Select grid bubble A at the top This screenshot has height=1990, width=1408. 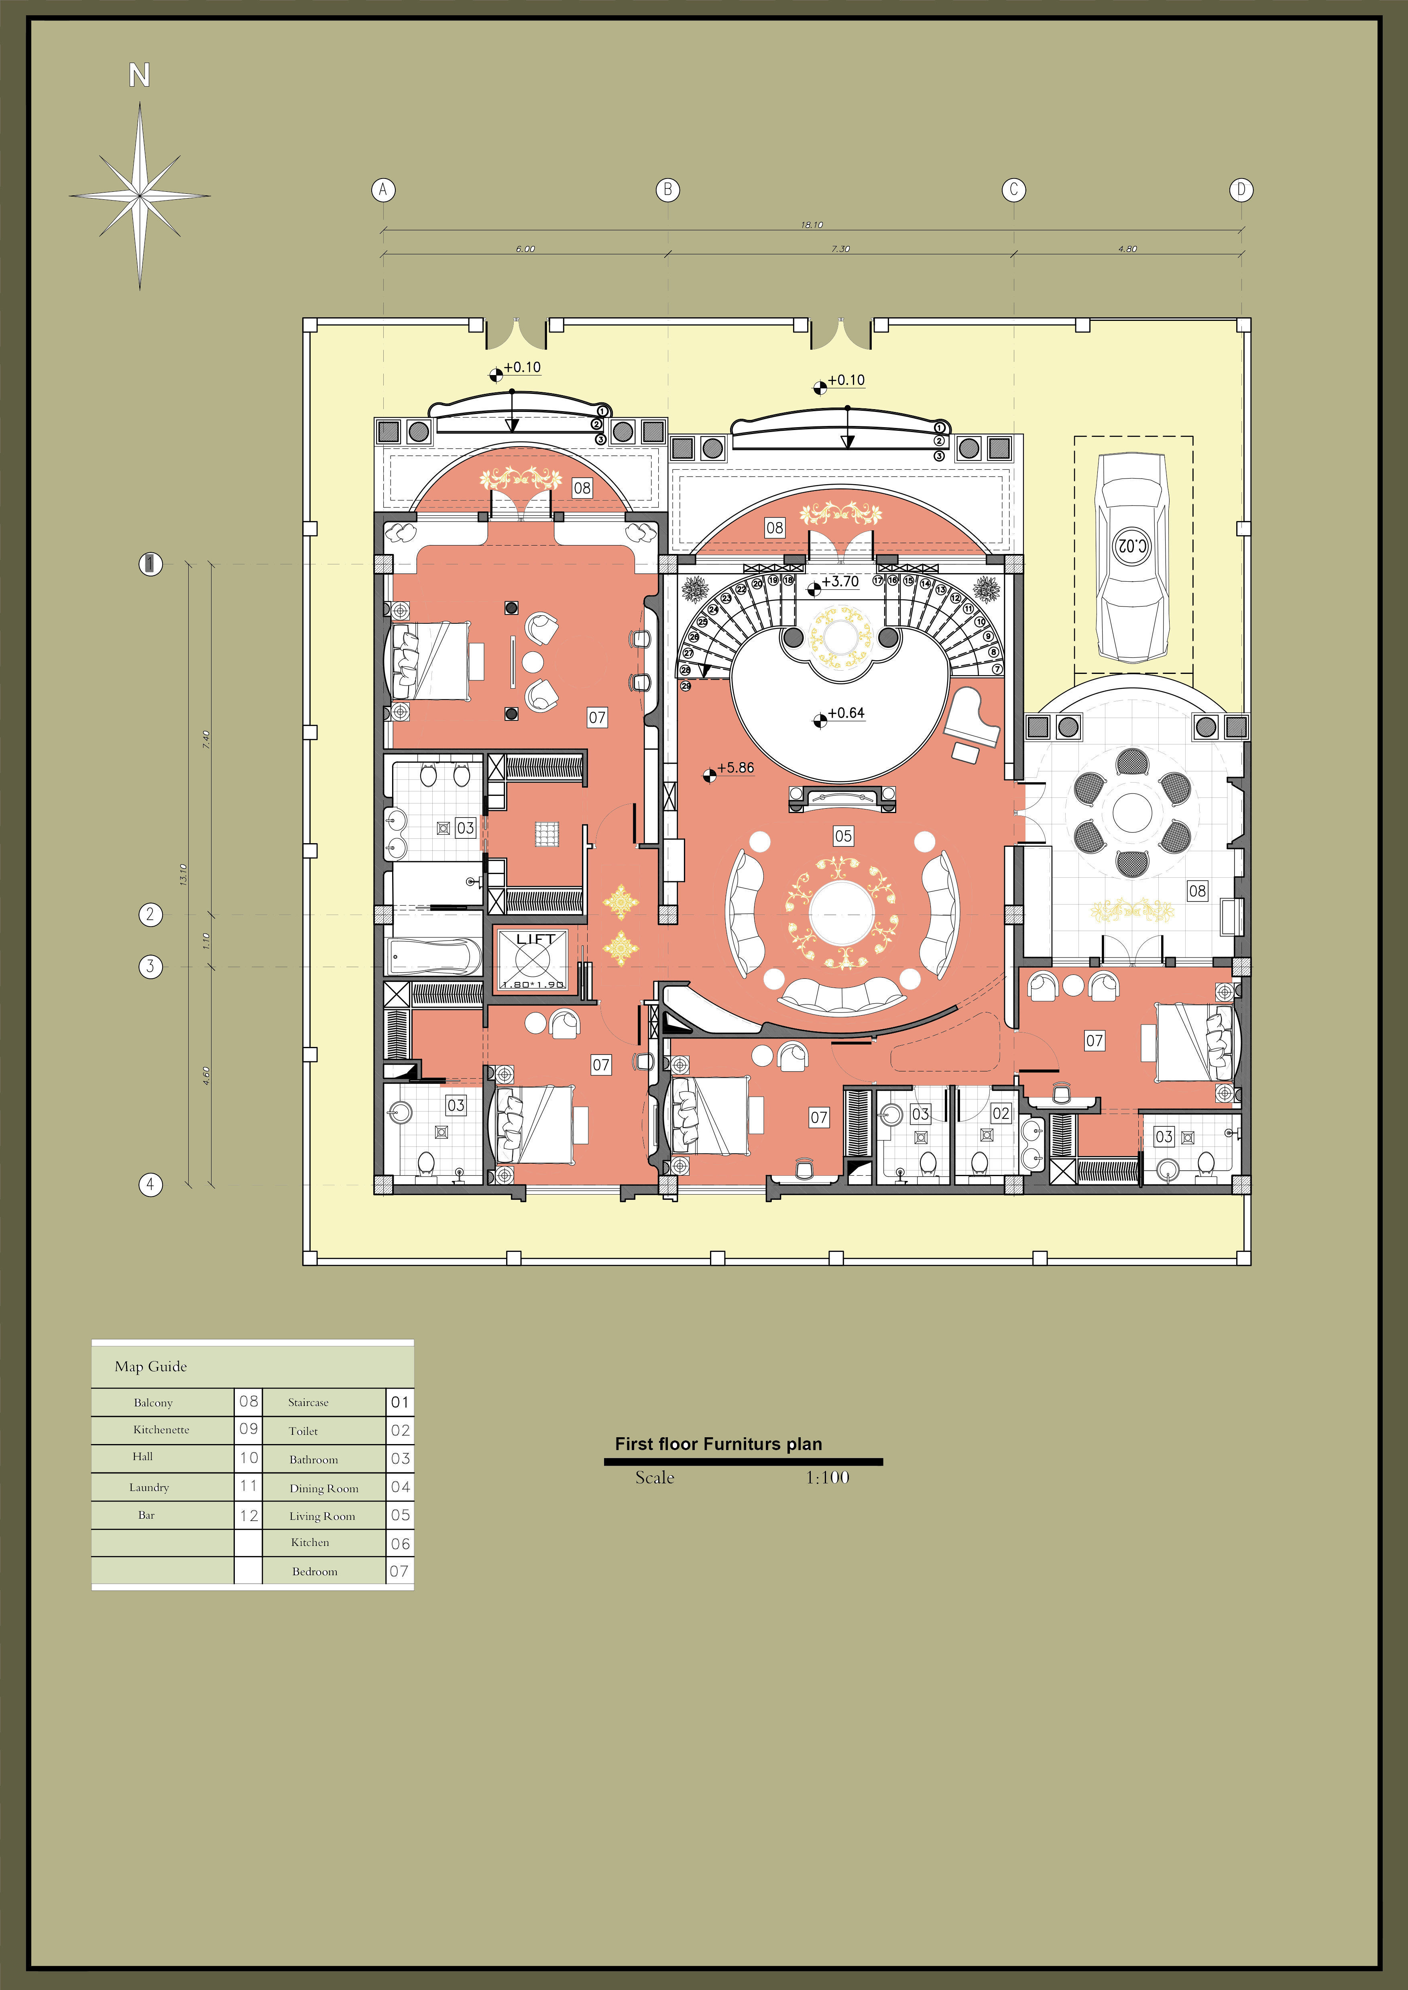click(x=383, y=190)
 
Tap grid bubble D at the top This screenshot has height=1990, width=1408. click(x=1241, y=190)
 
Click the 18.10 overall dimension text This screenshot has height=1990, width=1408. click(x=812, y=225)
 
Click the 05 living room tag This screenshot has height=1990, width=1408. click(x=843, y=836)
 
